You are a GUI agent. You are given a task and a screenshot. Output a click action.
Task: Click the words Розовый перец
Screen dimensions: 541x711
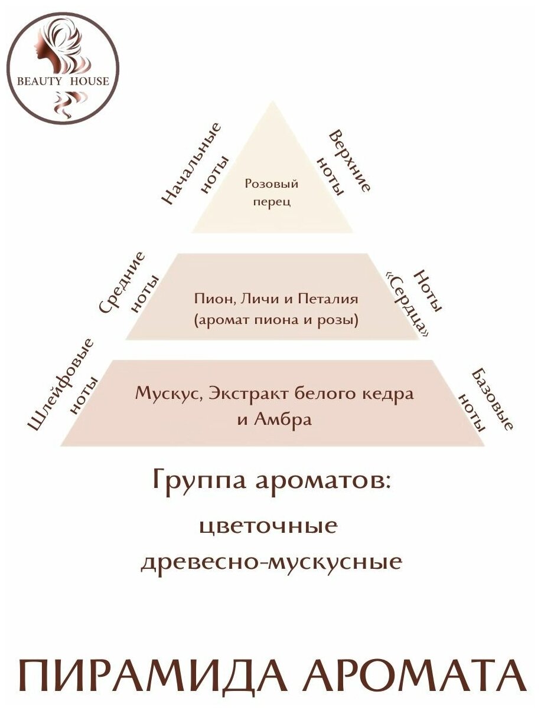[271, 192]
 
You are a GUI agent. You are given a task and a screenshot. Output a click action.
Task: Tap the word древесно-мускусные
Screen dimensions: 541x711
[271, 561]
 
